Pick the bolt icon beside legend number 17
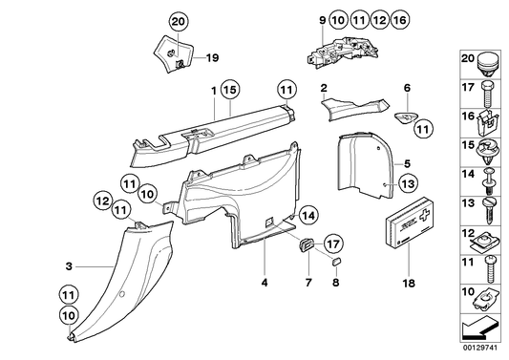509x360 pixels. pyautogui.click(x=488, y=91)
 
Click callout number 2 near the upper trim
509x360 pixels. pyautogui.click(x=324, y=88)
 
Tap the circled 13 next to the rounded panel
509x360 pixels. pyautogui.click(x=406, y=183)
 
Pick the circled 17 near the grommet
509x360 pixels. pyautogui.click(x=335, y=243)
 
